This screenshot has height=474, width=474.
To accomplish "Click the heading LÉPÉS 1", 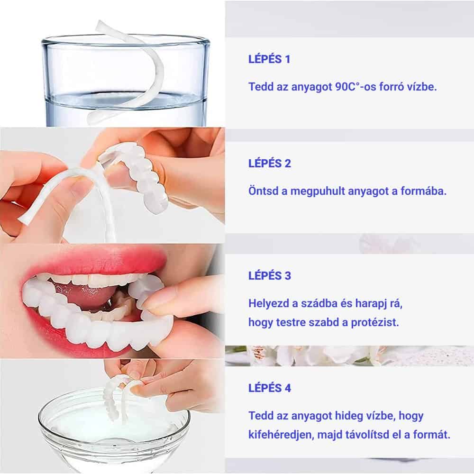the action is [x=269, y=59].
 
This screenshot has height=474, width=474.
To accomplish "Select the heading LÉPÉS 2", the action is [x=269, y=163].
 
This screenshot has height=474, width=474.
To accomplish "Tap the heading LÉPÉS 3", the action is [x=269, y=275].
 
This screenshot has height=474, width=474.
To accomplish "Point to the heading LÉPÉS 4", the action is [x=269, y=388].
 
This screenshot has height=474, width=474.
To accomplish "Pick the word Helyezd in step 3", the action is [x=269, y=303].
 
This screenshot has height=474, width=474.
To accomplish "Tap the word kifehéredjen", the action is [x=281, y=435].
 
